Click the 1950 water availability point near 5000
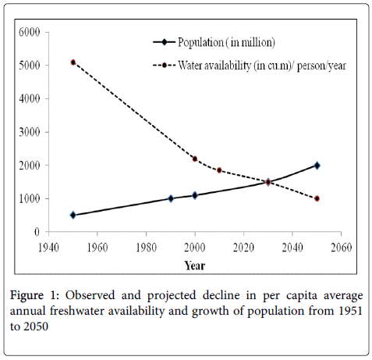tap(73, 62)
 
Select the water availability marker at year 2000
tap(195, 159)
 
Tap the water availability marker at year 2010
tap(219, 170)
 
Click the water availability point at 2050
tap(317, 198)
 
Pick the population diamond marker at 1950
tap(73, 215)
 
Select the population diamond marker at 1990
tap(171, 198)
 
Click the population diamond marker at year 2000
tap(195, 195)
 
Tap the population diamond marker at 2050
tap(317, 166)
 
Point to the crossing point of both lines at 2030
tap(268, 182)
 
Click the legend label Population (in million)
tap(226, 42)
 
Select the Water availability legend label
tap(262, 65)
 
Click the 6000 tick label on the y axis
tap(30, 32)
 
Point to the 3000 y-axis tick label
tap(30, 132)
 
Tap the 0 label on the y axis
tap(37, 232)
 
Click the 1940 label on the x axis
tap(48, 248)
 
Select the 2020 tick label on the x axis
tap(243, 248)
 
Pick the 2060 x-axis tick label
tap(341, 248)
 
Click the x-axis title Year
tap(195, 266)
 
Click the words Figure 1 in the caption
tap(35, 295)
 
